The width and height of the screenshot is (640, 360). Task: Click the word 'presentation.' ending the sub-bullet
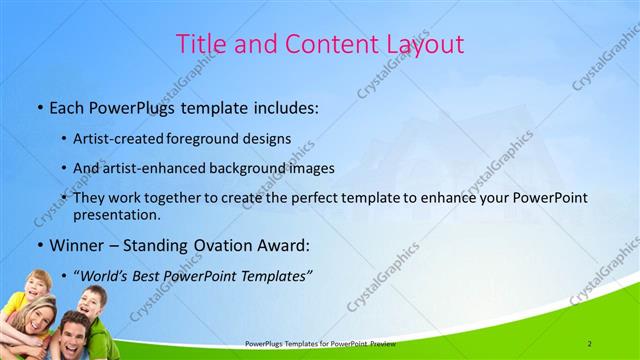click(x=117, y=214)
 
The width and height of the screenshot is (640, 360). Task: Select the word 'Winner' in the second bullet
click(x=73, y=245)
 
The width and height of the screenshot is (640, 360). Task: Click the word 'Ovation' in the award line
click(x=211, y=245)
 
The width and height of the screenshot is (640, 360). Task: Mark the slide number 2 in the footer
click(x=589, y=343)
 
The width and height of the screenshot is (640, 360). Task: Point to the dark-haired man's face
click(x=72, y=332)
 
